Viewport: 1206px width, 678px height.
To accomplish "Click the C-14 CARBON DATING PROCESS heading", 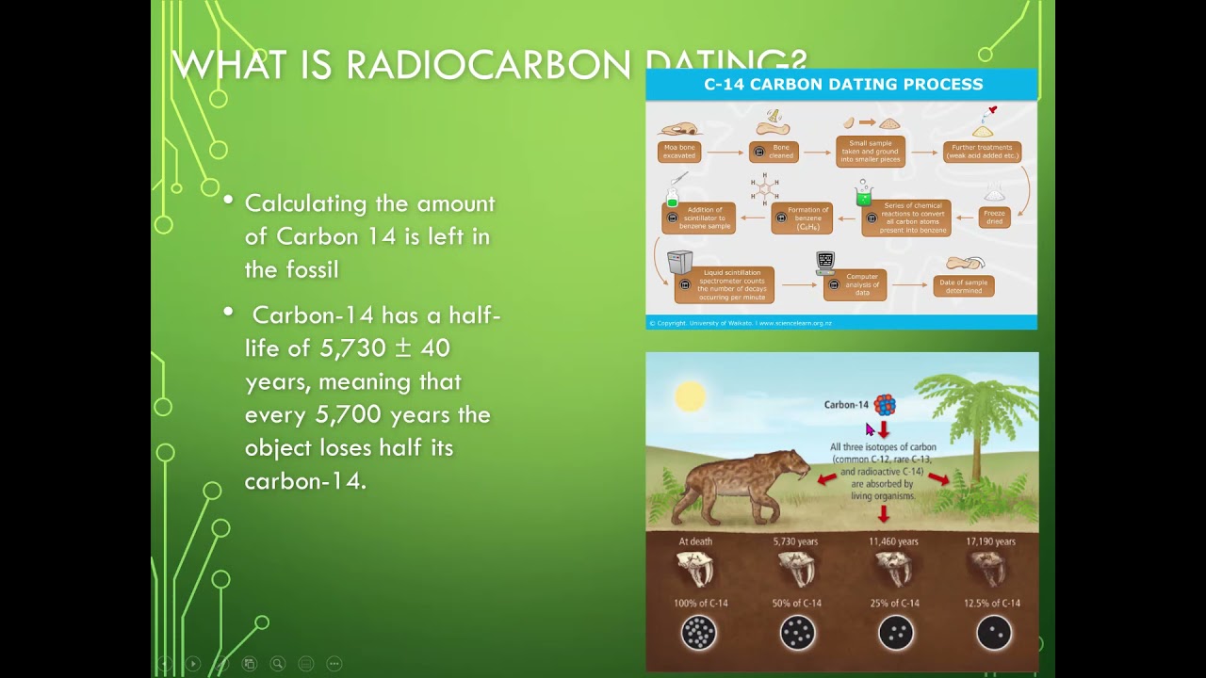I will (842, 85).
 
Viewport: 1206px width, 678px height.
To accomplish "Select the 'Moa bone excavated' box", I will (678, 152).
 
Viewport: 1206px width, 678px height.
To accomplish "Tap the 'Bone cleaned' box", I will (774, 152).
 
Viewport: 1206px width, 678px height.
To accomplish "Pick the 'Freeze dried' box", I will (994, 218).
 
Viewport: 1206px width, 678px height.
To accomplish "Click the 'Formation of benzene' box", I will (802, 218).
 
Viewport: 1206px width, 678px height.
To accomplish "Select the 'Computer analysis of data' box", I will (855, 284).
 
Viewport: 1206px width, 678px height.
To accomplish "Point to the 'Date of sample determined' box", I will (963, 285).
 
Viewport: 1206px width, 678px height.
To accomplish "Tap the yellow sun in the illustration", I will (690, 396).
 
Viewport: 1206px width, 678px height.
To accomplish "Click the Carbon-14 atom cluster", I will (884, 405).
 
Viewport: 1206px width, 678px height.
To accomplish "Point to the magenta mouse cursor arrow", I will (870, 429).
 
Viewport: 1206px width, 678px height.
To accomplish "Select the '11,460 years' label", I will (892, 541).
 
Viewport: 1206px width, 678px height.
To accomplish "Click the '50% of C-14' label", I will (797, 603).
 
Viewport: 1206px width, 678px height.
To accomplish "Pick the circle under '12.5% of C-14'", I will (993, 633).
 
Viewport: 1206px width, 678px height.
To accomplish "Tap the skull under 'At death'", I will (695, 570).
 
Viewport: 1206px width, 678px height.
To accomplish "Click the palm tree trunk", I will (976, 452).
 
